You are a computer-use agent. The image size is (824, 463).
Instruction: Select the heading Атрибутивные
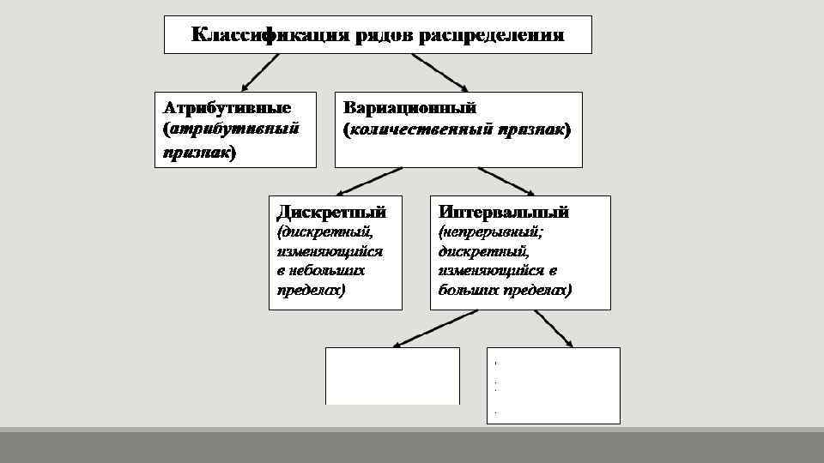(227, 108)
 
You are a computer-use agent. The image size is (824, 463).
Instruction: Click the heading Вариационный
(409, 108)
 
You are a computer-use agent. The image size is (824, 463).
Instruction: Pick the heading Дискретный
(330, 211)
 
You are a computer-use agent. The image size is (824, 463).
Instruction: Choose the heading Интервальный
(504, 211)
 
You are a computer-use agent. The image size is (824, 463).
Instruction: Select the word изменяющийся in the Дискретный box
(330, 251)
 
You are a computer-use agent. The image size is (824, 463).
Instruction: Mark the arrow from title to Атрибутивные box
(260, 73)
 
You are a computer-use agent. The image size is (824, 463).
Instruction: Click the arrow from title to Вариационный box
(439, 72)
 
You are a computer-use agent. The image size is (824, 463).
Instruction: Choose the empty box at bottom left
(392, 376)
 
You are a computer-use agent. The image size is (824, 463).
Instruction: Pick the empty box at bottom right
(554, 385)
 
